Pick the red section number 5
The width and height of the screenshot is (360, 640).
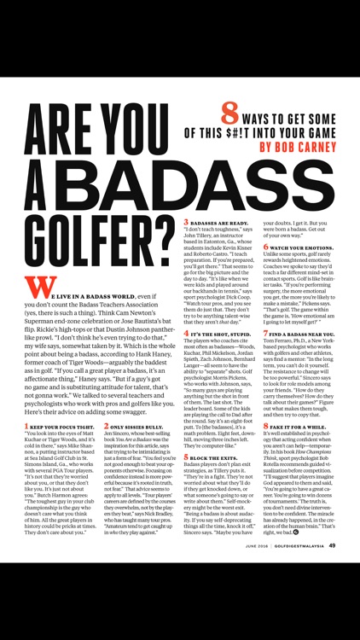187,480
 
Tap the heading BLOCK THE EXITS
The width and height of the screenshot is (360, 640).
217,481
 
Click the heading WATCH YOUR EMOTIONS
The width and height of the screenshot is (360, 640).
305,247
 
